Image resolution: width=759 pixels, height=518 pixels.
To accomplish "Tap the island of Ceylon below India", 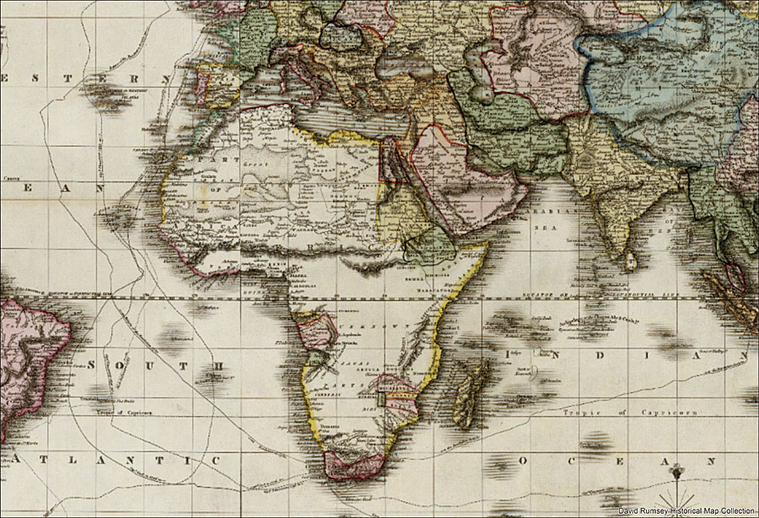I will (630, 263).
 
